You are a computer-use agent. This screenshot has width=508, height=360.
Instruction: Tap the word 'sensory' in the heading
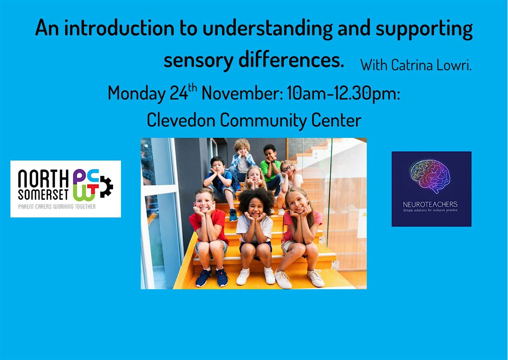click(199, 61)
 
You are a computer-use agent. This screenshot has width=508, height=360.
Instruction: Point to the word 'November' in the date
click(242, 93)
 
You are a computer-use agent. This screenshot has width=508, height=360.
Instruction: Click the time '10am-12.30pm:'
click(343, 94)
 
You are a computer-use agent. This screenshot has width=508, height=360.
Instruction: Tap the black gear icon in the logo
click(107, 187)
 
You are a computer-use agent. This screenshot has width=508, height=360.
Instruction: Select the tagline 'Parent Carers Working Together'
click(57, 206)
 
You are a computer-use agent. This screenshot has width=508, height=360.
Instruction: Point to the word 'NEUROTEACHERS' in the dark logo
click(430, 205)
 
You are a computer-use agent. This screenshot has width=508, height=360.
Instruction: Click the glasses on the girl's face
click(287, 168)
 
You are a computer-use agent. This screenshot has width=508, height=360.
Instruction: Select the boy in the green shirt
click(271, 167)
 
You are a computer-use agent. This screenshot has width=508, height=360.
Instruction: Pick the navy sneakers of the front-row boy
click(212, 277)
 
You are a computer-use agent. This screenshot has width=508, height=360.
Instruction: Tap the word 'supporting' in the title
click(424, 29)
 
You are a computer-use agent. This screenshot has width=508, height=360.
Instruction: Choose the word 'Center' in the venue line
click(336, 120)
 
